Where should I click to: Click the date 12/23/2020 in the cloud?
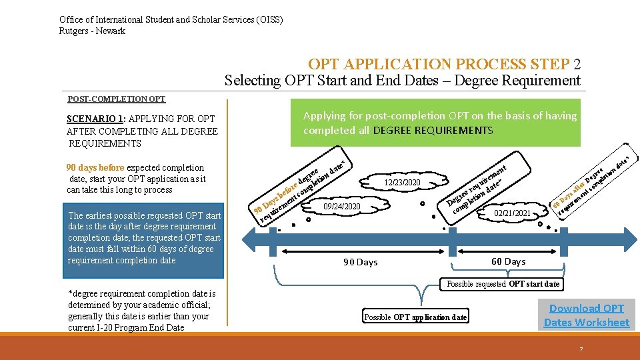coord(402,183)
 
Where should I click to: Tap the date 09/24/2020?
coord(341,207)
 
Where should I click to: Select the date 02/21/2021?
coord(513,213)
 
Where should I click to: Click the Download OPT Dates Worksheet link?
coord(586,315)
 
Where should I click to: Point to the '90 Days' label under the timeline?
coord(360,262)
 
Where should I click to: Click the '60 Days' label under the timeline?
coord(508,261)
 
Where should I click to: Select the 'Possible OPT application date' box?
coord(415,317)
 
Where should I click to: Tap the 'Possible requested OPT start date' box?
coord(503,284)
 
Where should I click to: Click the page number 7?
coord(581,349)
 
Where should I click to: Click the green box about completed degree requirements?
coord(440,123)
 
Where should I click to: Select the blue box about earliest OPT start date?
coord(145,238)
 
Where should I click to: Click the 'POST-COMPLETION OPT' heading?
coord(117,99)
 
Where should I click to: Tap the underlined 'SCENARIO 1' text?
coord(90,119)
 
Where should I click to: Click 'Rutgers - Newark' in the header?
coord(92,31)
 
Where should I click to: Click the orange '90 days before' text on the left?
coord(96,168)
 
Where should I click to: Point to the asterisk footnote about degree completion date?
coord(141,311)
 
